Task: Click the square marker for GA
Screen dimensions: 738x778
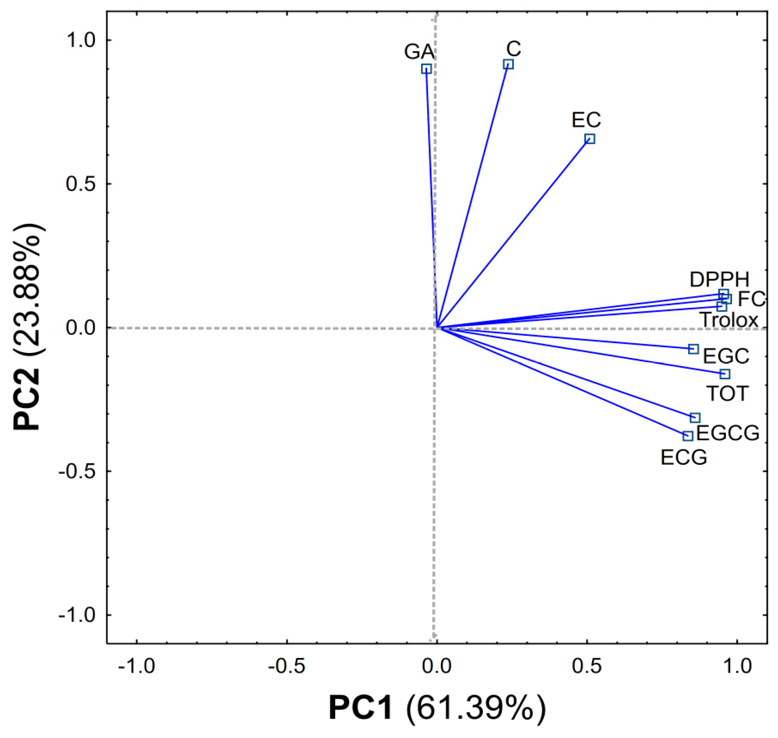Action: pyautogui.click(x=426, y=69)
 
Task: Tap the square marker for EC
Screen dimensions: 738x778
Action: pyautogui.click(x=590, y=139)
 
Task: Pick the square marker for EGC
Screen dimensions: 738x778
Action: pyautogui.click(x=693, y=349)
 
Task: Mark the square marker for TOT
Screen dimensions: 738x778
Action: pyautogui.click(x=725, y=374)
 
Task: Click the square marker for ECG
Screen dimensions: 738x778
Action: pyautogui.click(x=688, y=436)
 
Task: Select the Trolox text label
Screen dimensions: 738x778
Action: pyautogui.click(x=728, y=320)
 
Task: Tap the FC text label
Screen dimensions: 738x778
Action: pyautogui.click(x=751, y=299)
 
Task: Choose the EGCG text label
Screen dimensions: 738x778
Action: pyautogui.click(x=728, y=434)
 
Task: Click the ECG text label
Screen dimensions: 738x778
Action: pyautogui.click(x=684, y=457)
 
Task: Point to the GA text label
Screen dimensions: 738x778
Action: pyautogui.click(x=419, y=52)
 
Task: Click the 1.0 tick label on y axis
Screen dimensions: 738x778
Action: pyautogui.click(x=81, y=41)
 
